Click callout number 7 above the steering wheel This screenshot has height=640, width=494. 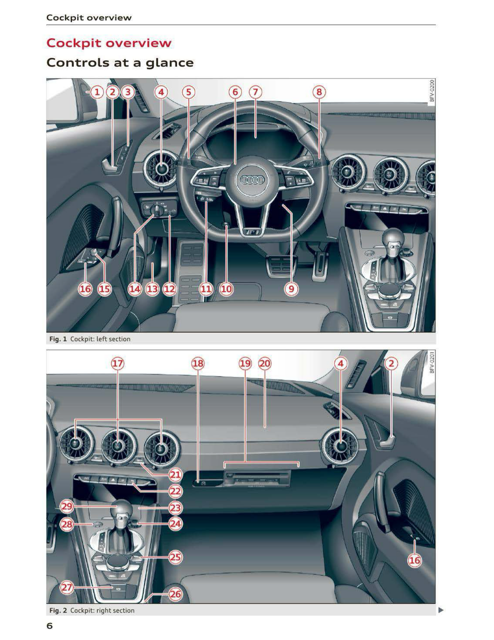[255, 92]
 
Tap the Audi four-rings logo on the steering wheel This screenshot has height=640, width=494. [252, 180]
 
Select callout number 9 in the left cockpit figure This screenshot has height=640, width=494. [291, 289]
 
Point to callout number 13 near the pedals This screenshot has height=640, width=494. [152, 289]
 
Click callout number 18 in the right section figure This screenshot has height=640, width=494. [198, 363]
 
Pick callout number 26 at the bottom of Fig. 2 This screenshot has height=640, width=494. [175, 594]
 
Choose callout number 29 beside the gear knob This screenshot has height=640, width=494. [67, 506]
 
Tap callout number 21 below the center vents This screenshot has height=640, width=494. [175, 475]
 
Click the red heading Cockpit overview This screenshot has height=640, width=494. [109, 43]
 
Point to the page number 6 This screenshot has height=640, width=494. [50, 626]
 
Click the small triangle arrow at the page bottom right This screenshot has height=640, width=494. [441, 610]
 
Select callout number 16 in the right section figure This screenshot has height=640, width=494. [414, 560]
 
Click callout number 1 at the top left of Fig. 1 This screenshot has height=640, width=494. [97, 92]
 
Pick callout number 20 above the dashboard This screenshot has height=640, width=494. [265, 363]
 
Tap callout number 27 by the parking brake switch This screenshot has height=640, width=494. [67, 588]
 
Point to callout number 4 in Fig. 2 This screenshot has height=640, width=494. [341, 363]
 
